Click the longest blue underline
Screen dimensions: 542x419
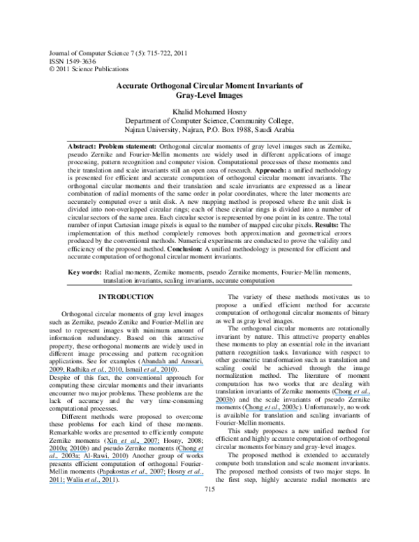[x=111, y=373]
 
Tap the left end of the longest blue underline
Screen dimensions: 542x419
[x=49, y=373]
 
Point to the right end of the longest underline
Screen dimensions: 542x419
[x=173, y=373]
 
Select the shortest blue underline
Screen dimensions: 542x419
[x=223, y=403]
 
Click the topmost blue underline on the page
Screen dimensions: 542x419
[x=172, y=365]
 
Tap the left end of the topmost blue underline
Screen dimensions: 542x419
[x=141, y=365]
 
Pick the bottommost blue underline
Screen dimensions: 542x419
[x=81, y=483]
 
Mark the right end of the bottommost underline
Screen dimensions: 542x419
[x=113, y=483]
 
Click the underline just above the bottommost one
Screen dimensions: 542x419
[x=152, y=476]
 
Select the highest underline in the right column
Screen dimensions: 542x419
[x=352, y=395]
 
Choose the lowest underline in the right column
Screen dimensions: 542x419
[x=272, y=411]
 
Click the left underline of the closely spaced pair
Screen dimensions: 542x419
[x=64, y=460]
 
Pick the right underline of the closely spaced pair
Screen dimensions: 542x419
[x=104, y=460]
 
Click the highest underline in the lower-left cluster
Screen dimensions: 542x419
[x=133, y=444]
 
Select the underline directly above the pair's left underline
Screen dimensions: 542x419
[x=68, y=452]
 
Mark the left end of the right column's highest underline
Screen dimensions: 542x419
[x=335, y=395]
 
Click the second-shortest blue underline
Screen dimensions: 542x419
[x=191, y=452]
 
